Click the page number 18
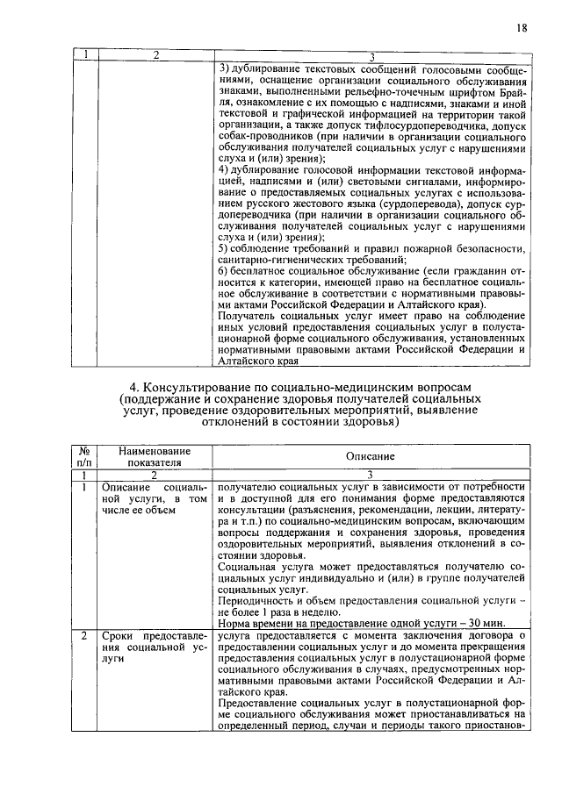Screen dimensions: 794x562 point(522,29)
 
